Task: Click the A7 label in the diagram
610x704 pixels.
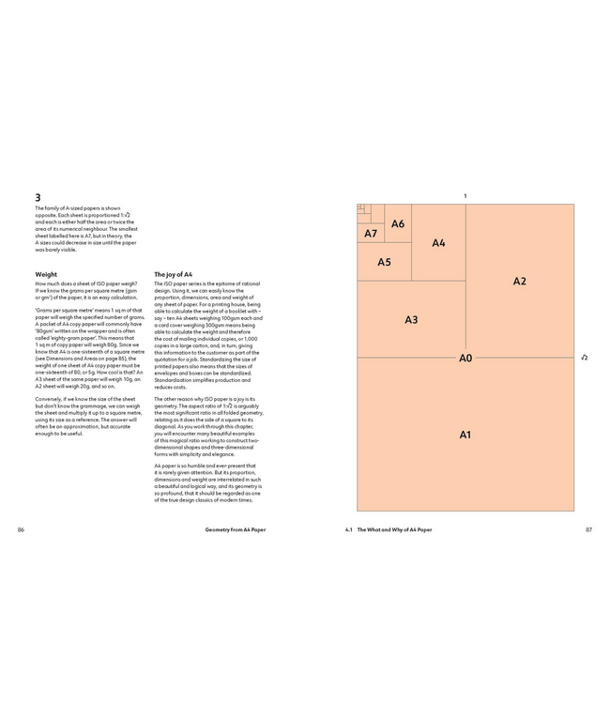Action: [371, 233]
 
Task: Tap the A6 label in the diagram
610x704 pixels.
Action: [398, 223]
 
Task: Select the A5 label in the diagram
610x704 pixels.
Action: [384, 262]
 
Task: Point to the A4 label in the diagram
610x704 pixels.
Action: [438, 243]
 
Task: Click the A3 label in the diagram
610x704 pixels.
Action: [411, 320]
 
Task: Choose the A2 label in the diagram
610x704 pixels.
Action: [519, 281]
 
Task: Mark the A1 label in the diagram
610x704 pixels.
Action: [465, 435]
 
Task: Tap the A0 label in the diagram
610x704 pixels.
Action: [465, 358]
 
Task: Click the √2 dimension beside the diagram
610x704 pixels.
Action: [584, 358]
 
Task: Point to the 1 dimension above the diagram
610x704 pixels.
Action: [465, 195]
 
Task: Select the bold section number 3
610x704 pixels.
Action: [38, 198]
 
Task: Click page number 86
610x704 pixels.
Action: [20, 530]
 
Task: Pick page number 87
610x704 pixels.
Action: [588, 530]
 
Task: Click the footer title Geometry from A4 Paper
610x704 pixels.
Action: [236, 530]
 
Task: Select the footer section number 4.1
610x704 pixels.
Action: [349, 530]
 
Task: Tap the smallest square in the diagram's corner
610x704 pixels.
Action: [360, 207]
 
